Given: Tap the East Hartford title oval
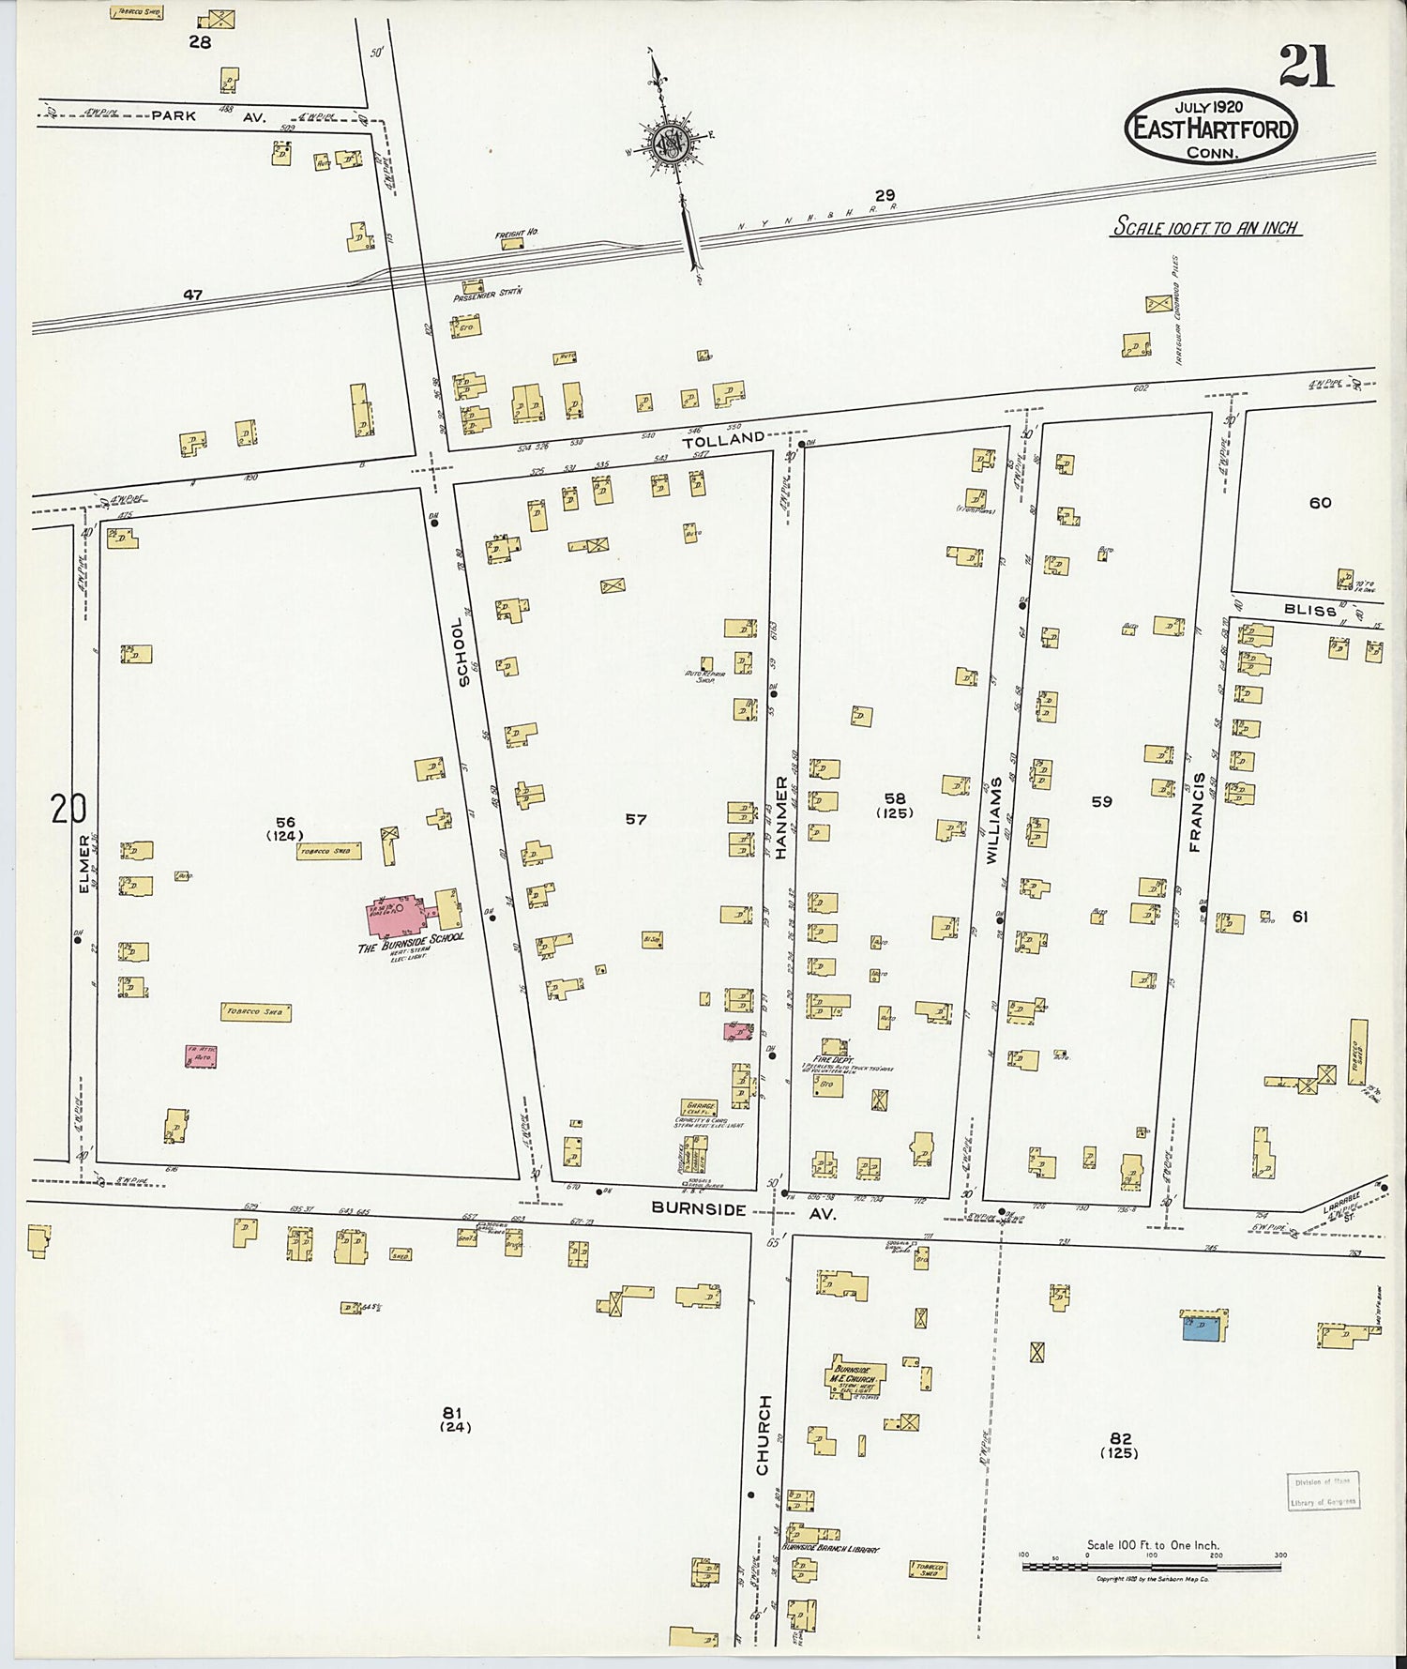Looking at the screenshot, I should (x=1211, y=128).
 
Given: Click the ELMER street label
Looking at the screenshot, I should (x=83, y=863).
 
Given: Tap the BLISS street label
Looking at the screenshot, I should (x=1309, y=610).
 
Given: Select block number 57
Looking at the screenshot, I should (x=636, y=819).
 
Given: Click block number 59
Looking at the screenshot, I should (x=1101, y=801).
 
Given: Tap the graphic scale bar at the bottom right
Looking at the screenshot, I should (x=1151, y=1566).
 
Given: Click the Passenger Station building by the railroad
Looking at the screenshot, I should (x=472, y=284).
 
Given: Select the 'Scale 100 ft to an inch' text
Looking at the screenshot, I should (x=1205, y=227).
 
